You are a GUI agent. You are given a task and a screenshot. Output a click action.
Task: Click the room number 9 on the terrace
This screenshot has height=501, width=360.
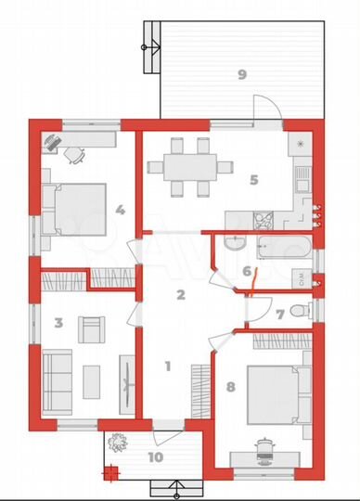[242, 75]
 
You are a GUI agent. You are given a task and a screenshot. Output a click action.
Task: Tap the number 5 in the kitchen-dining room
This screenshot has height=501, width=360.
[254, 180]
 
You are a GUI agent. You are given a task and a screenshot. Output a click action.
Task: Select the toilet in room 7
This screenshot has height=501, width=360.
[300, 310]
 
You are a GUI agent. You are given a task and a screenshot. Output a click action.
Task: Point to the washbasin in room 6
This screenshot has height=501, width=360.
[236, 243]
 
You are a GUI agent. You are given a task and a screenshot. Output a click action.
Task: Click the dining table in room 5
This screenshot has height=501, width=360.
[190, 167]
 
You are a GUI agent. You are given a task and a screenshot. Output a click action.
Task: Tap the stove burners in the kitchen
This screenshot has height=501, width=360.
[264, 221]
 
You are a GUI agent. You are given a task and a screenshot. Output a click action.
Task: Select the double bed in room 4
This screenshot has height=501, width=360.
[74, 210]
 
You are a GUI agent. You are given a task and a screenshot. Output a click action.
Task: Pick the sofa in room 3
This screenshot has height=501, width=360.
[58, 382]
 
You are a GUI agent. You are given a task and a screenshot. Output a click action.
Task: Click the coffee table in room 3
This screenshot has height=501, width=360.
[91, 382]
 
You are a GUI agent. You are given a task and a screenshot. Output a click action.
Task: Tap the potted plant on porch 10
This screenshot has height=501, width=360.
[118, 443]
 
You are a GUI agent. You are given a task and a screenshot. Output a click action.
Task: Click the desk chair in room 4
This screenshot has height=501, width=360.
[75, 155]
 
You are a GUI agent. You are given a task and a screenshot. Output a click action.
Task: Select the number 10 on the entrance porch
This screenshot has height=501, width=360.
[156, 457]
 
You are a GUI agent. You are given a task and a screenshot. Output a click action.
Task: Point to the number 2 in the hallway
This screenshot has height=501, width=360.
[181, 295]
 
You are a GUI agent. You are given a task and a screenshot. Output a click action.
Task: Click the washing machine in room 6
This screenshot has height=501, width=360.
[302, 278]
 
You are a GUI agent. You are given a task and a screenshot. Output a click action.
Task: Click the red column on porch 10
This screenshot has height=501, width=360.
[110, 472]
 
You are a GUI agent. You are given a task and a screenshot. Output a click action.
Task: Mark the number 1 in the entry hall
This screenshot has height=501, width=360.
[168, 366]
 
